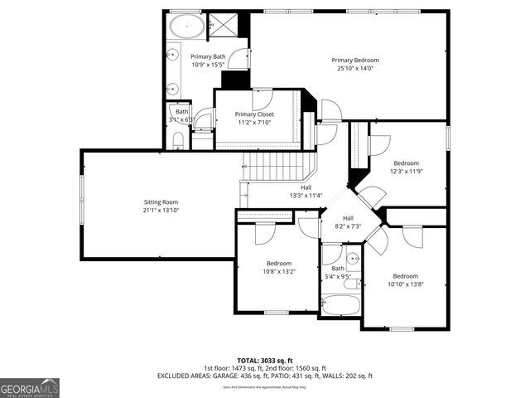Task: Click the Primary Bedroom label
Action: click(355, 60)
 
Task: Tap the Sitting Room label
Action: click(161, 201)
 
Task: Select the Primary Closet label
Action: click(255, 114)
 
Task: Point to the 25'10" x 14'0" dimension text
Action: click(355, 69)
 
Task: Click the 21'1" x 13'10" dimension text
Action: click(161, 211)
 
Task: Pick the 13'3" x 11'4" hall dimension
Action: click(306, 196)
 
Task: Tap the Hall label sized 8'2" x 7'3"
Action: click(348, 218)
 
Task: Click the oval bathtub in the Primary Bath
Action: click(188, 27)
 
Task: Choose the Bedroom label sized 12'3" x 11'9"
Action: click(406, 163)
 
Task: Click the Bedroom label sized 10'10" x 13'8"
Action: click(406, 276)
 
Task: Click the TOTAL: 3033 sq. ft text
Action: click(265, 361)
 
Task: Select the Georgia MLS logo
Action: click(30, 386)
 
